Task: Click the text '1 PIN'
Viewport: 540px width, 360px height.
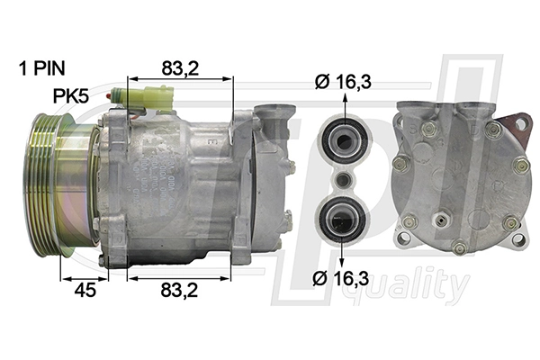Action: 43,67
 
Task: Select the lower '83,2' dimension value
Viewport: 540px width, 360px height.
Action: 181,290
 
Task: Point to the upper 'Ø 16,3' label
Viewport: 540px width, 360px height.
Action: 343,83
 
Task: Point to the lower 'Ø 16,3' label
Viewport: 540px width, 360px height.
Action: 343,280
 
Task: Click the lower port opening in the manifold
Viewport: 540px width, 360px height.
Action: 342,218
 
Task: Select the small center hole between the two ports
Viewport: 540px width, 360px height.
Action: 342,178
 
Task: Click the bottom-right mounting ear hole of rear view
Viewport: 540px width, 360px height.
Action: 518,238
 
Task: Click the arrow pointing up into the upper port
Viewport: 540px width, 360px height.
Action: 342,108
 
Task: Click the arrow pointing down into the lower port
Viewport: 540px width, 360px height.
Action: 342,252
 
